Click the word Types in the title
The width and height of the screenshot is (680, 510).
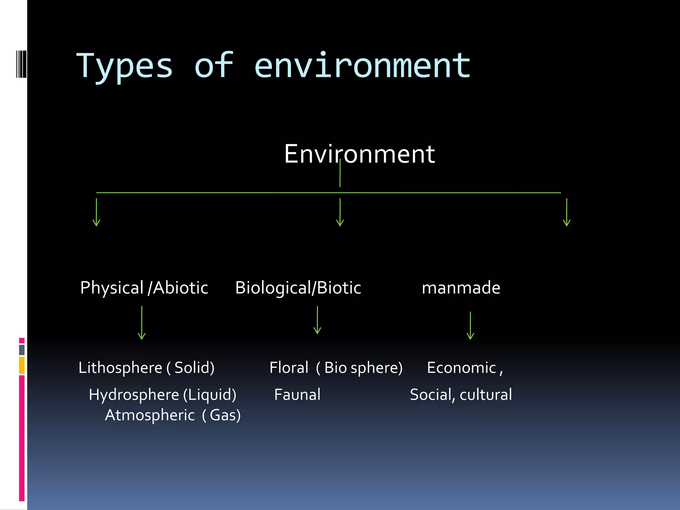pos(125,66)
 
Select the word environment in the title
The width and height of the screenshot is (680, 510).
pos(362,66)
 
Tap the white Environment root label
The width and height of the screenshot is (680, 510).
pos(359,154)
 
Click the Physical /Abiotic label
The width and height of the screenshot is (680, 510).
pos(144,288)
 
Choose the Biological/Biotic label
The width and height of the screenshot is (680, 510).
pos(298,288)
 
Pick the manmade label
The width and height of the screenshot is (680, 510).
pos(461,288)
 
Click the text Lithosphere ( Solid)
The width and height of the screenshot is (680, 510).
pos(146,368)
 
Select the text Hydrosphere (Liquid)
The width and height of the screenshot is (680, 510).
pos(162,394)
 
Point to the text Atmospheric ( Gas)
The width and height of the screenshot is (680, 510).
pos(173,415)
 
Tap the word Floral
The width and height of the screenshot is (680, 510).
pos(289,368)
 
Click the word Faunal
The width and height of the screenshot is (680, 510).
pos(297,394)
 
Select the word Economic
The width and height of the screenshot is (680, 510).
pos(461,368)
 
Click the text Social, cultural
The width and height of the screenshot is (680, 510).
pos(461,394)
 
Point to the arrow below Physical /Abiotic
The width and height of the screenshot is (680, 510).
pos(142,323)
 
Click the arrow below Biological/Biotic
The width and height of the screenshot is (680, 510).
pos(317,320)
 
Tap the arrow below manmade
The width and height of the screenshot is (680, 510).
pos(470,325)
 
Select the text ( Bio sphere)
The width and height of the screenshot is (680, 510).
pos(359,368)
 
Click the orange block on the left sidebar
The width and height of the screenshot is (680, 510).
pos(22,365)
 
